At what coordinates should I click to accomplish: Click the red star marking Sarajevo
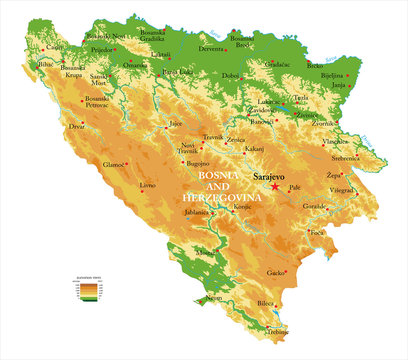(275, 187)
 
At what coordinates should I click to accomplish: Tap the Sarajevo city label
(268, 177)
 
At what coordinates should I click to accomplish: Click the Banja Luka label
(177, 72)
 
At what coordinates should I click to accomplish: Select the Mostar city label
(205, 254)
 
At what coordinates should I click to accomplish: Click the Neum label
(213, 298)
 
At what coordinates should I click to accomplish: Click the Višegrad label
(341, 190)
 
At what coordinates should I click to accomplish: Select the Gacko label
(276, 272)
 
